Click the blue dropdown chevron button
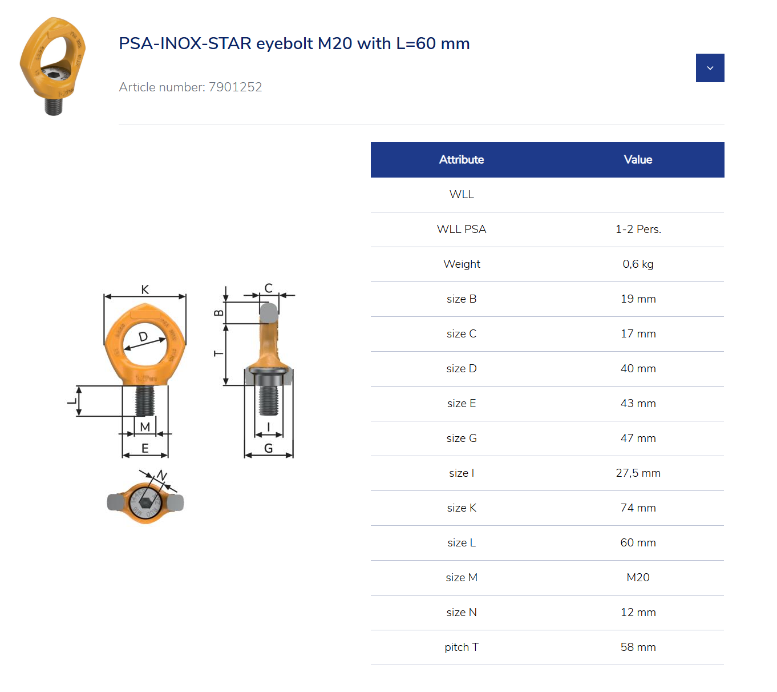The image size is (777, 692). [x=710, y=68]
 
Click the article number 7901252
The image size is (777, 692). [x=235, y=87]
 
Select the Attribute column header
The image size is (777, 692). [x=462, y=160]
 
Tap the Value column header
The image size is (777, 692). [x=638, y=160]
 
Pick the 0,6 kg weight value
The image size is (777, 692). [x=638, y=264]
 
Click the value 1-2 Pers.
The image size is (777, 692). [x=638, y=229]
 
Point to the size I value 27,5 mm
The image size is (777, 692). [x=638, y=473]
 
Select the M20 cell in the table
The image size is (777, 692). [x=638, y=577]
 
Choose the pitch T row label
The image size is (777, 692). [x=462, y=647]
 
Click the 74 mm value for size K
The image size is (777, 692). [x=638, y=508]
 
